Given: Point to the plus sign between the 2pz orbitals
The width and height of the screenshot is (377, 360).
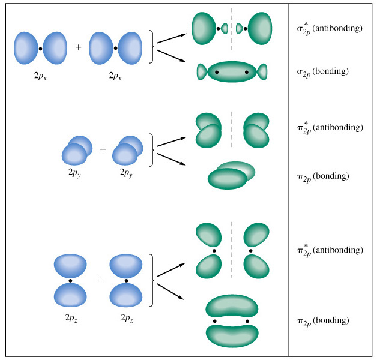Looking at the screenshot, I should point(100,280).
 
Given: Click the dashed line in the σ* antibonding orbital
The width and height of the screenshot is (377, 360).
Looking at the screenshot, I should point(232,28).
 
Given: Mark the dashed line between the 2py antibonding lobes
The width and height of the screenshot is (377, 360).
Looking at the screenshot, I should point(232,128).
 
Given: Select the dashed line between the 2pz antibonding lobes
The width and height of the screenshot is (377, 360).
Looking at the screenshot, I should point(232,250).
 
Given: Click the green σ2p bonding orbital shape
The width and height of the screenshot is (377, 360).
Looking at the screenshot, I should point(232,72).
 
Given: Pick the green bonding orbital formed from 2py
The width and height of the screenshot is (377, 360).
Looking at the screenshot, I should point(231,175).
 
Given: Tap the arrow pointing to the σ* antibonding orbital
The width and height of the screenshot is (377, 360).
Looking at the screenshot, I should point(170,39).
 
